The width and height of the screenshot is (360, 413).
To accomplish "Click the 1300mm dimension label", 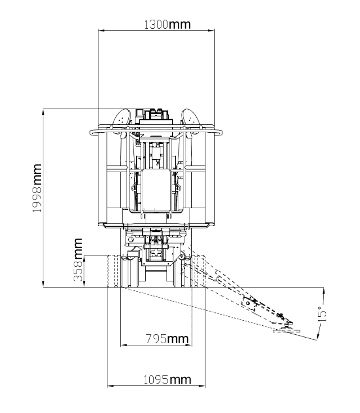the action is (167, 24).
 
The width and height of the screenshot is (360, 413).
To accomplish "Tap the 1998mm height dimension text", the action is (37, 188).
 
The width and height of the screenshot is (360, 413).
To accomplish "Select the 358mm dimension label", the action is (78, 260).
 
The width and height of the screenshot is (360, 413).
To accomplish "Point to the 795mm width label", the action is (167, 339).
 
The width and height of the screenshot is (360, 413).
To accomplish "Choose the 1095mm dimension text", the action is (167, 380).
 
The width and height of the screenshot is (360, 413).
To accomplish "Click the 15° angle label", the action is (323, 314).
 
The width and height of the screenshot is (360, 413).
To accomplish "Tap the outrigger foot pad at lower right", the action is (286, 330).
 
